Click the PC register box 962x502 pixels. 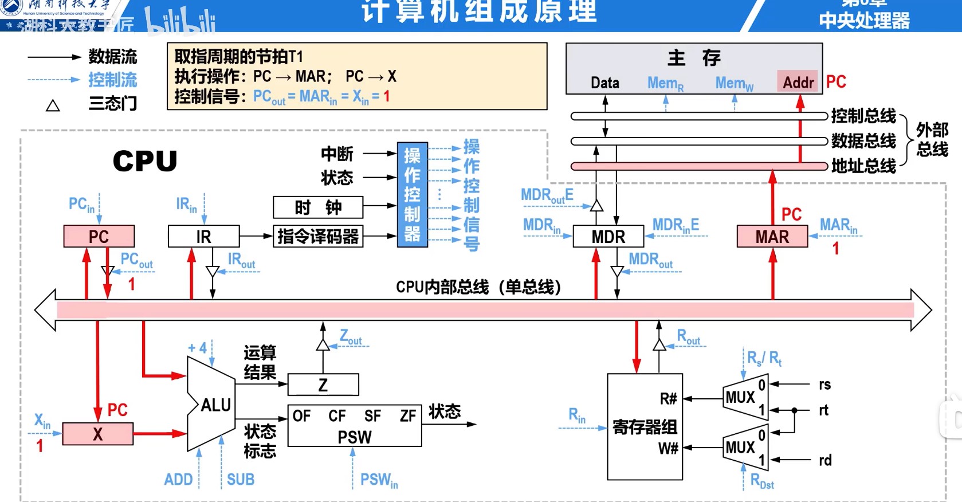point(99,236)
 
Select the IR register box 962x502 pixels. point(203,236)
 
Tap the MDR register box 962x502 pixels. point(608,236)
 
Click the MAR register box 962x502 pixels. point(772,236)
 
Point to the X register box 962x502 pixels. point(97,434)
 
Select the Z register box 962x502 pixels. point(323,385)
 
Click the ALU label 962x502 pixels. point(215,405)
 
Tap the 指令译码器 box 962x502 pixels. point(318,236)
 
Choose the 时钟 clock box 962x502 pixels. point(318,207)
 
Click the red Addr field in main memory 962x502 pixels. point(798,83)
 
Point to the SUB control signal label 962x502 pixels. point(240,480)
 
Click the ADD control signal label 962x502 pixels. point(178,480)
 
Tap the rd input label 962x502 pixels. point(825,460)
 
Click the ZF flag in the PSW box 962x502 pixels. point(408,416)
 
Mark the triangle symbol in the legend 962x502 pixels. point(53,105)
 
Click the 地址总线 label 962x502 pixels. point(863,166)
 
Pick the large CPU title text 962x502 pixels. point(145,161)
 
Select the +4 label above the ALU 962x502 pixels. point(197,348)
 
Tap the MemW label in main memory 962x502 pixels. point(734,84)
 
